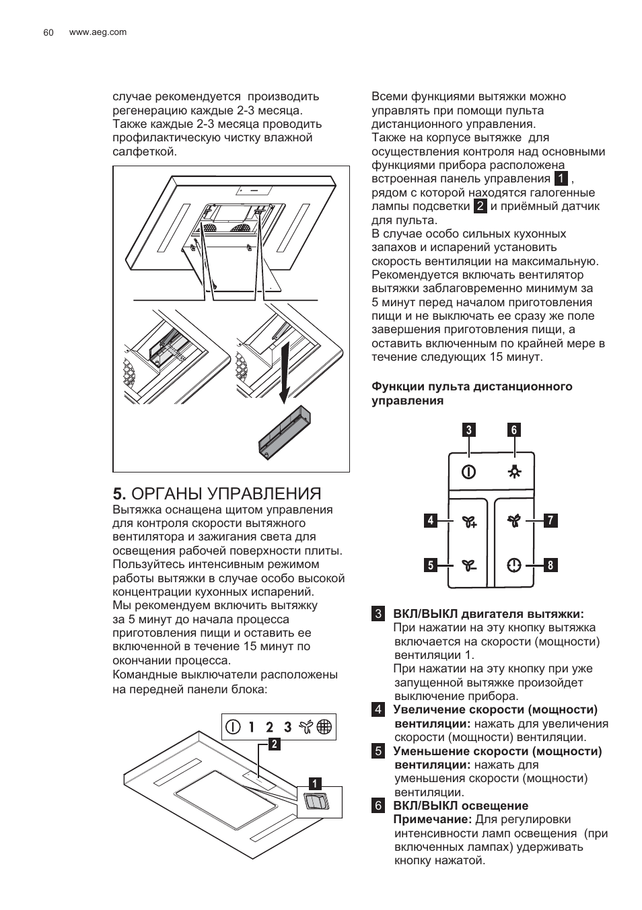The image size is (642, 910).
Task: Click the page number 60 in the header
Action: click(x=48, y=32)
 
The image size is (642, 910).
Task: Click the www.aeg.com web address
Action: click(x=98, y=32)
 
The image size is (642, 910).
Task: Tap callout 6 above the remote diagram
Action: click(x=514, y=429)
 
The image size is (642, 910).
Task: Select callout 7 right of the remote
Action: click(x=550, y=520)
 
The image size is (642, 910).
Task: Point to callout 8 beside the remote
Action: click(x=550, y=565)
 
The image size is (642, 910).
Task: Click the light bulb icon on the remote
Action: click(x=515, y=472)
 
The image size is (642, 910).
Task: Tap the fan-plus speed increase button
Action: click(x=469, y=521)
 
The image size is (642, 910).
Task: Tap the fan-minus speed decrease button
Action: click(x=469, y=565)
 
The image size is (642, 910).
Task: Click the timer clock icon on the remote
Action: click(x=515, y=565)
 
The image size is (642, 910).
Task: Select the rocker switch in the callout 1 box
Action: click(x=316, y=802)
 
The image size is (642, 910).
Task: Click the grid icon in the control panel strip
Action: click(x=324, y=727)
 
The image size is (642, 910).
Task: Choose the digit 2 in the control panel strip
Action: click(x=269, y=727)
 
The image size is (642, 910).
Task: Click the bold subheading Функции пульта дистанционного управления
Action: click(x=472, y=393)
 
